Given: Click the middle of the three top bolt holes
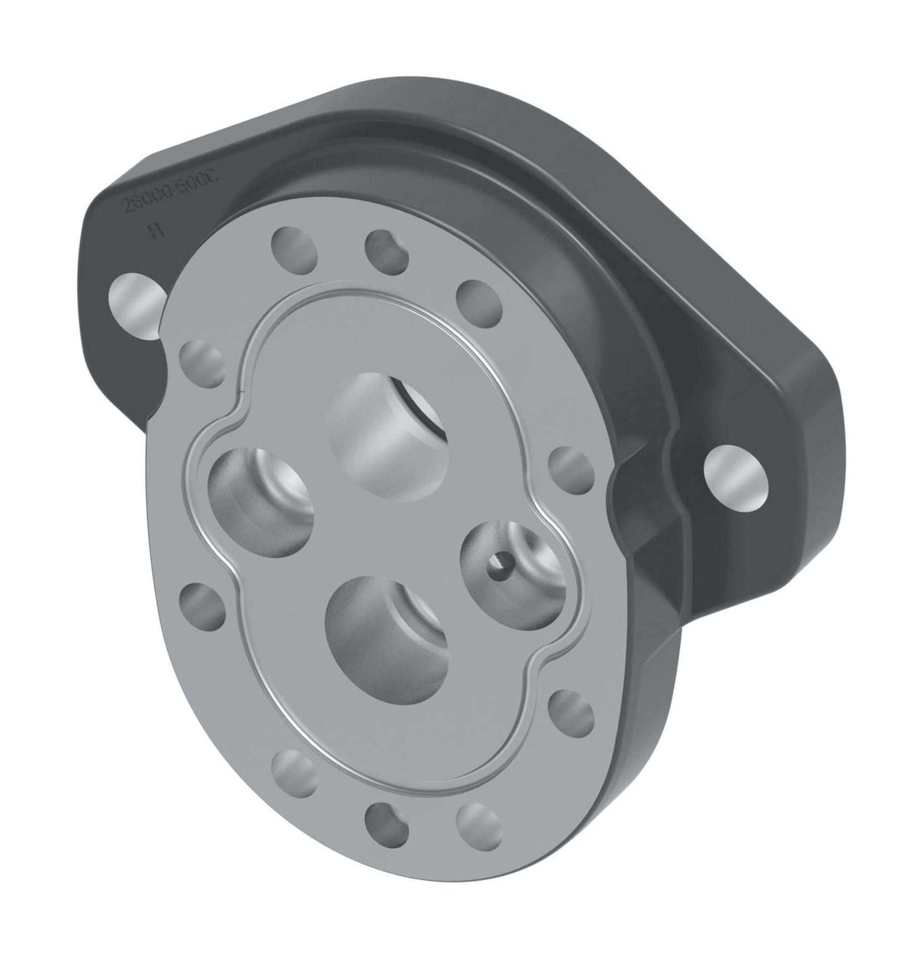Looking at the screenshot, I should coord(387,252).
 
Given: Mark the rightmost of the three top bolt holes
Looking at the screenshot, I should coord(479,303).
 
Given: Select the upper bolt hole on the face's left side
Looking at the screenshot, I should coord(203,362).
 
